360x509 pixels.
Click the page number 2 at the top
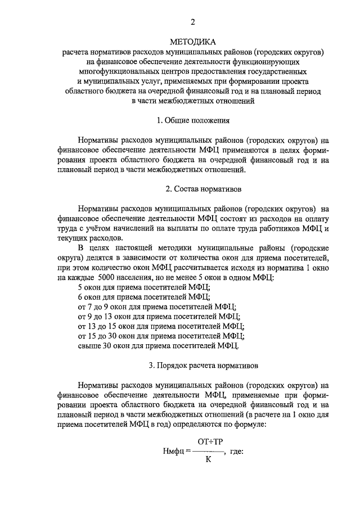coord(192,22)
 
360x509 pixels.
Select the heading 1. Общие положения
coord(192,120)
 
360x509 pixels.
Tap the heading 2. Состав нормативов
coord(192,189)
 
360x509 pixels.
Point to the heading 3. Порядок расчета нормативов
coord(192,366)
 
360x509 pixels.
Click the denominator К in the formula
coord(208,460)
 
